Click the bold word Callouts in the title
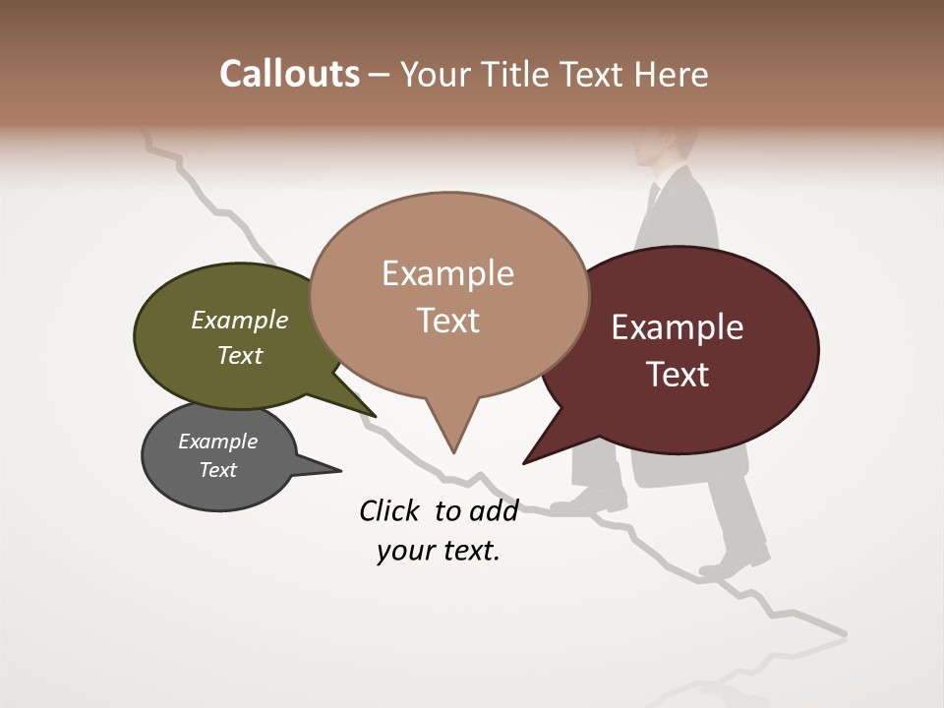point(290,74)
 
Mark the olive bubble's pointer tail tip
point(374,416)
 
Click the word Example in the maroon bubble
point(678,327)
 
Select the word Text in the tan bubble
point(448,321)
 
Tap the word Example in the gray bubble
point(218,442)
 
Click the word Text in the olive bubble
point(240,355)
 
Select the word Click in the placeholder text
point(391,510)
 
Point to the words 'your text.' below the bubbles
point(439,551)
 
